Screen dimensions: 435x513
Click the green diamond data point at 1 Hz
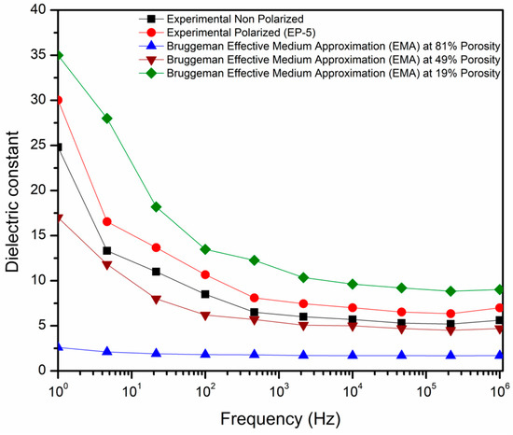point(59,55)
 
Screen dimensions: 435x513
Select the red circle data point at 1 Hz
point(59,100)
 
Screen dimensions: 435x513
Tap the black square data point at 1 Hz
point(59,147)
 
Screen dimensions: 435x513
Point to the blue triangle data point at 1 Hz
point(59,346)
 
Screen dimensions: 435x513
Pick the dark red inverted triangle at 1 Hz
point(59,217)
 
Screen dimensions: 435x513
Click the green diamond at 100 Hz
point(205,249)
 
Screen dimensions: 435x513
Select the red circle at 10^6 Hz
point(499,307)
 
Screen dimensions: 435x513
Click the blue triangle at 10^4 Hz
point(353,355)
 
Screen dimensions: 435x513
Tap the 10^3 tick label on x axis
point(279,386)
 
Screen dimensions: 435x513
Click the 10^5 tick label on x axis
point(426,386)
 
